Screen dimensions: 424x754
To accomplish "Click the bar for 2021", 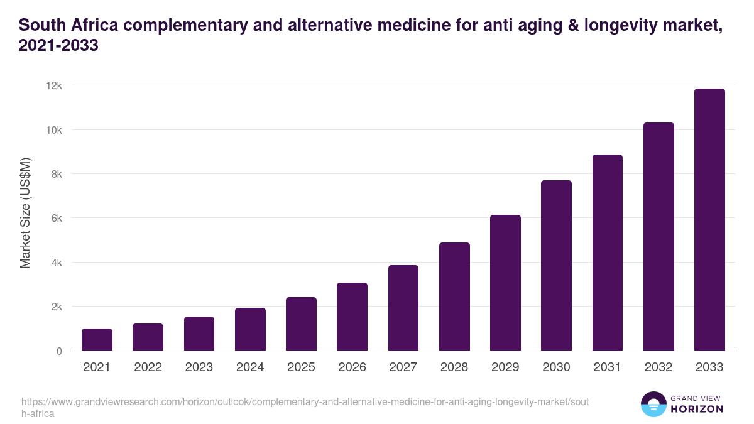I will pyautogui.click(x=97, y=340).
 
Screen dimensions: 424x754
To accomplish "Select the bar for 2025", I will pyautogui.click(x=301, y=324).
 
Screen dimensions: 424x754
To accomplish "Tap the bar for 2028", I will pyautogui.click(x=454, y=296).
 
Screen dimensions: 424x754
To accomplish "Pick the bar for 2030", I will pyautogui.click(x=556, y=266).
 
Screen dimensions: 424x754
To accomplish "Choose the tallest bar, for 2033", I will pyautogui.click(x=709, y=220).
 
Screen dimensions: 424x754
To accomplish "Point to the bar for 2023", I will pyautogui.click(x=199, y=334).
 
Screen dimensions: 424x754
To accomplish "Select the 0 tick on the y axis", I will pyautogui.click(x=59, y=351).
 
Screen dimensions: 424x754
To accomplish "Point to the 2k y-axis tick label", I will pyautogui.click(x=57, y=307).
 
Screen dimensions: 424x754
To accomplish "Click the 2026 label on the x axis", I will pyautogui.click(x=352, y=367).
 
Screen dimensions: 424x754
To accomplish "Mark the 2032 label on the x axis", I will pyautogui.click(x=658, y=367).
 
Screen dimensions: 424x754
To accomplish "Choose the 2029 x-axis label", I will pyautogui.click(x=505, y=367).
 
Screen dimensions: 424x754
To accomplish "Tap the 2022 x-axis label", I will pyautogui.click(x=148, y=367).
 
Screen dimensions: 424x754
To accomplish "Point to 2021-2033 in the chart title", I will pyautogui.click(x=58, y=46).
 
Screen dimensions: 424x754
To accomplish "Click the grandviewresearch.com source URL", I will pyautogui.click(x=305, y=402).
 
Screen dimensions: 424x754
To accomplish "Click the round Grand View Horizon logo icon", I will pyautogui.click(x=653, y=404).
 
